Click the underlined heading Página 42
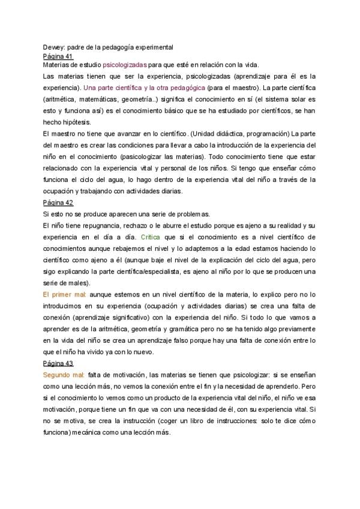(58, 203)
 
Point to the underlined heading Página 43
(58, 364)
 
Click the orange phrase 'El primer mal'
(65, 295)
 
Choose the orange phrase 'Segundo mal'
(64, 375)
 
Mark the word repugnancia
(95, 226)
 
